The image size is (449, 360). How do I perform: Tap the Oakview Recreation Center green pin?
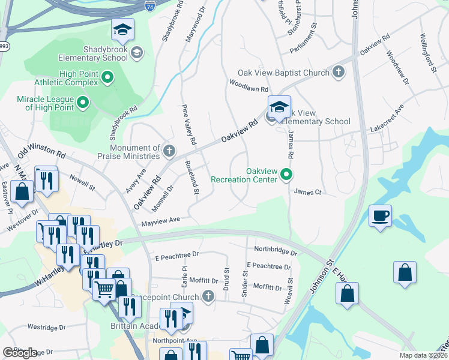pos(287,175)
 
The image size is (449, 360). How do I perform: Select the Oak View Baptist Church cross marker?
pos(339,73)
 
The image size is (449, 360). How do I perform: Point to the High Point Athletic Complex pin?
pos(108,77)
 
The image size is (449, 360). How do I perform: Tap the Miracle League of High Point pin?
pos(83,103)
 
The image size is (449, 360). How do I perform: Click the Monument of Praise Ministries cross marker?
pos(169,149)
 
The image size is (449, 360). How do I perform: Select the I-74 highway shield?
pos(149,7)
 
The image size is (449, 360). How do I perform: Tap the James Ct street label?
pos(309,192)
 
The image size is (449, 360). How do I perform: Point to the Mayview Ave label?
pos(160,222)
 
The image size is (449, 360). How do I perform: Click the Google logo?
pos(20,352)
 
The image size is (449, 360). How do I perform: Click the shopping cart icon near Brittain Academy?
pos(104,290)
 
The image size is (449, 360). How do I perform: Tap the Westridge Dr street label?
pos(46,328)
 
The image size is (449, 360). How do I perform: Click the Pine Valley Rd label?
pos(188,125)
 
